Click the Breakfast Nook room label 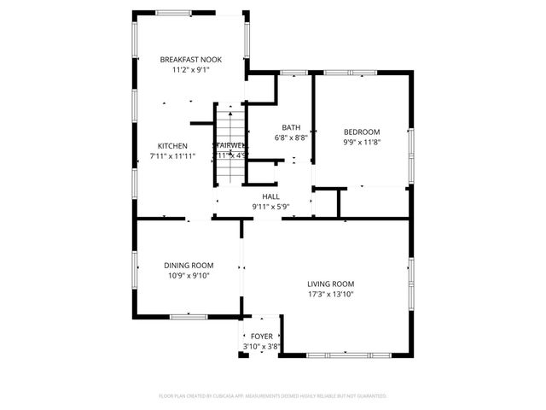[x=191, y=60]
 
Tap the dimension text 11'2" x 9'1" [x=191, y=70]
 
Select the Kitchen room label [x=172, y=146]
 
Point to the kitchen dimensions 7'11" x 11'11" [x=172, y=156]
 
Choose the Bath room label [x=291, y=127]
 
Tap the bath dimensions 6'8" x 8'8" [x=291, y=138]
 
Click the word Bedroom [x=362, y=132]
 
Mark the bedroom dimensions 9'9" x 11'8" [x=362, y=142]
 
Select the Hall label [x=271, y=196]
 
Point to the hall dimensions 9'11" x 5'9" [x=271, y=207]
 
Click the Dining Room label [x=189, y=266]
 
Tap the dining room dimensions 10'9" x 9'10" [x=189, y=276]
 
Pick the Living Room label [x=331, y=284]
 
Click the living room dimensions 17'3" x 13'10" [x=331, y=295]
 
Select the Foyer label [x=261, y=337]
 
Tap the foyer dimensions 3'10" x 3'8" [x=261, y=347]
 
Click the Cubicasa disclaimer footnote [x=273, y=396]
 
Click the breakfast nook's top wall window [x=190, y=13]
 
